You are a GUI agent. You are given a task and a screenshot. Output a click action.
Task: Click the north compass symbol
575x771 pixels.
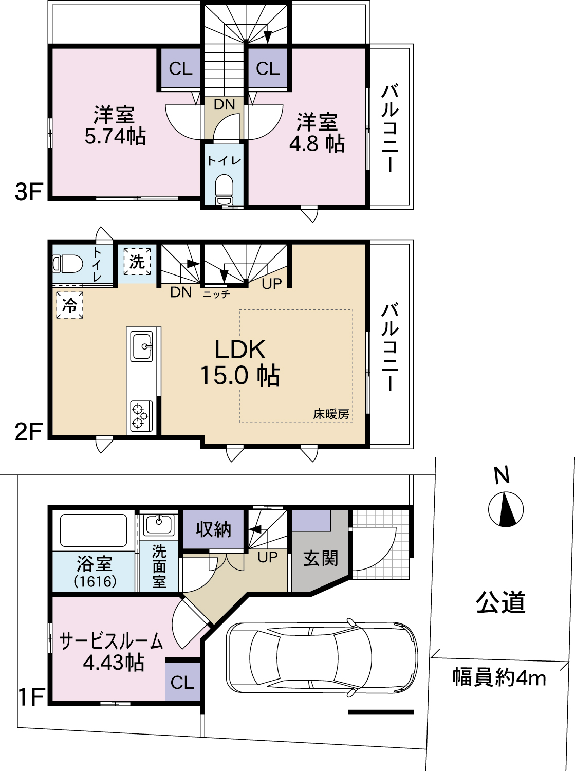coord(506,509)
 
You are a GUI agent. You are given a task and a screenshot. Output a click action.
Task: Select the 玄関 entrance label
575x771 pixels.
coord(321,558)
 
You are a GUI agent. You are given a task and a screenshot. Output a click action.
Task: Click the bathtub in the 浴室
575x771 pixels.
coord(94,530)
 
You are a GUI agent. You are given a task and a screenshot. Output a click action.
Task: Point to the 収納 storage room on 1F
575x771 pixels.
coord(213,529)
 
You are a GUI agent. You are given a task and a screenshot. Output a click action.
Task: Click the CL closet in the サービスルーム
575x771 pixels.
coord(182,682)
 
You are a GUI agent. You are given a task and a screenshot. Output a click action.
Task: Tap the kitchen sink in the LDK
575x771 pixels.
coord(141,346)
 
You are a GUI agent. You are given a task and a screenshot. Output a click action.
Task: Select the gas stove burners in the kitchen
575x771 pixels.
coord(141,416)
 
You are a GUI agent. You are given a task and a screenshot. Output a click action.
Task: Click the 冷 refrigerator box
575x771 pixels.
coord(69,305)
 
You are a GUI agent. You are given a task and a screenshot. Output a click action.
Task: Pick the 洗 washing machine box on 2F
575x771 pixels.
coord(137,262)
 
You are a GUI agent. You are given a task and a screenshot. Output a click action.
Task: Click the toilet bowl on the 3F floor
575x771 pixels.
coord(224,189)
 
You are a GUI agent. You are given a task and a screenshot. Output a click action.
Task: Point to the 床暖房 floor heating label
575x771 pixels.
coord(331,414)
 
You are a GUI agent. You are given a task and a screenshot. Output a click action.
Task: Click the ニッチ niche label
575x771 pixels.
coord(216,294)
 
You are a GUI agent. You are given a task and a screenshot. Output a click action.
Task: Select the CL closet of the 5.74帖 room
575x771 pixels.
coord(180,68)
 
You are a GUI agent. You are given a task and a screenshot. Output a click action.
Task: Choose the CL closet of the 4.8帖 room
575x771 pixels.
coord(268,68)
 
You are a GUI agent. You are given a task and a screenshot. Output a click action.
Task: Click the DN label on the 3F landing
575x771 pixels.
coord(225,104)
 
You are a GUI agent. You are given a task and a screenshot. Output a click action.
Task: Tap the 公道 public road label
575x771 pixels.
coord(500,602)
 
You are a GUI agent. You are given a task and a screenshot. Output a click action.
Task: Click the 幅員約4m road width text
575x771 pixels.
coord(499,677)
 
